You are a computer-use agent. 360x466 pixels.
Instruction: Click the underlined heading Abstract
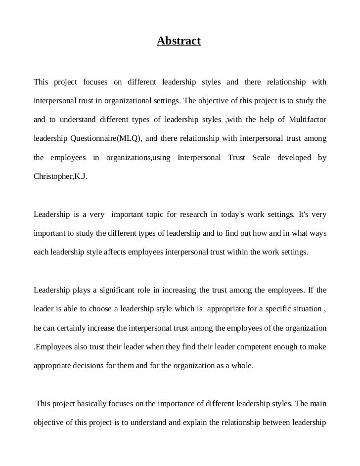click(179, 41)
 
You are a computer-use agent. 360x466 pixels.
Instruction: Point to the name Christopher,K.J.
click(60, 176)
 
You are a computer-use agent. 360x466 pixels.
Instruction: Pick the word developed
click(295, 158)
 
